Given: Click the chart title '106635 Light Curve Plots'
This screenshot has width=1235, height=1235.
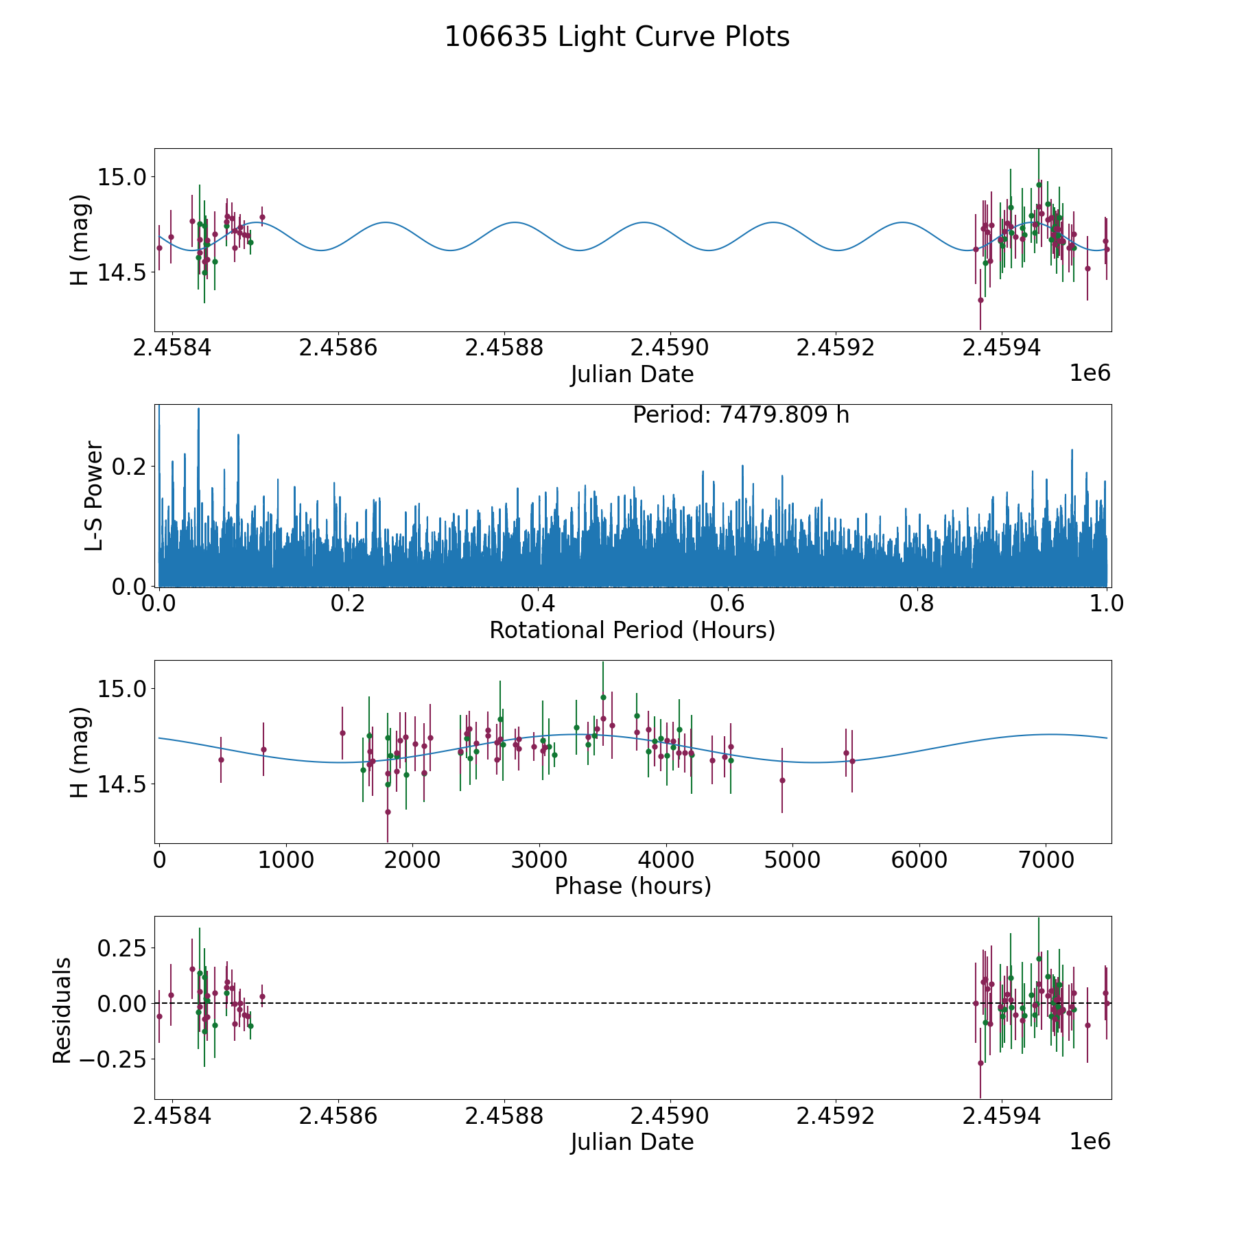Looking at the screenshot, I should (617, 37).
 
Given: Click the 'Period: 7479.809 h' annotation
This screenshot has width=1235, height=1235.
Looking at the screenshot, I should (740, 415).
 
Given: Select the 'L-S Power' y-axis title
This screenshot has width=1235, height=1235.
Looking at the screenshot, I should (94, 495).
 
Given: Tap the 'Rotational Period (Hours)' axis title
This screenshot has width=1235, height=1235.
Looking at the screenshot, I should (632, 630).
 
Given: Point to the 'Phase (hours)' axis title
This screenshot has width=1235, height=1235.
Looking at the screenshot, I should (632, 886).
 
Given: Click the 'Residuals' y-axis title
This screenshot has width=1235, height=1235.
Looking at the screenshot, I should (62, 1011).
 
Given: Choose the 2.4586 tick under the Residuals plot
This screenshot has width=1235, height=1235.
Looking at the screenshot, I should (338, 1116).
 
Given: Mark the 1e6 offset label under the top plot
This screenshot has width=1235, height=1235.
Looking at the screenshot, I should (1090, 373).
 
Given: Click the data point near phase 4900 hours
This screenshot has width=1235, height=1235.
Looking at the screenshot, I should (782, 780).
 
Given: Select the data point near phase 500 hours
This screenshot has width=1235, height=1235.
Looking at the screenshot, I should (221, 760).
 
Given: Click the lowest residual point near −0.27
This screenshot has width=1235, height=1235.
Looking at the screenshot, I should (980, 1063).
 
